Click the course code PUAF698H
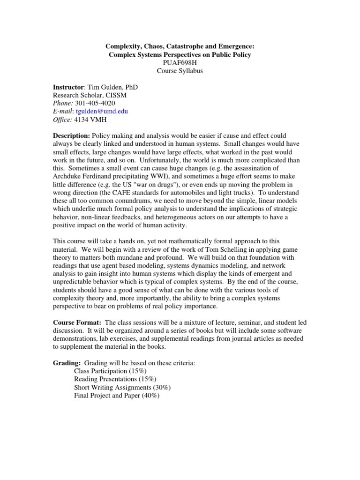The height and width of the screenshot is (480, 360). (180, 63)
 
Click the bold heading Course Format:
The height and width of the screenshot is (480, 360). (77, 323)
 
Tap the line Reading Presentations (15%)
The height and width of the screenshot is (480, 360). (115, 379)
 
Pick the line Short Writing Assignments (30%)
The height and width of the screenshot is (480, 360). (122, 388)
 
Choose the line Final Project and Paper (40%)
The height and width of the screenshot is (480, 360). (117, 396)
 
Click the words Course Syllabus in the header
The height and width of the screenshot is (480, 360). (180, 71)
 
